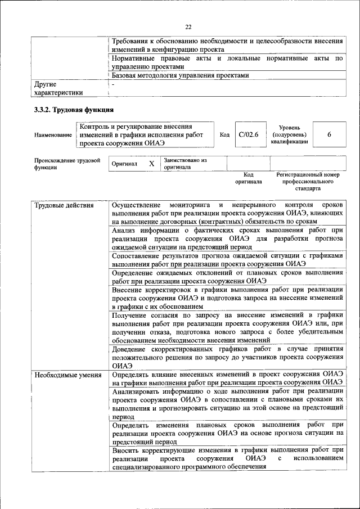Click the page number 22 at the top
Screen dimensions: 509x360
click(x=188, y=26)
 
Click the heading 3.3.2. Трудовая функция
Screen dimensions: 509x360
click(x=74, y=110)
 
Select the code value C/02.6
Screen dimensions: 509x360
click(x=248, y=134)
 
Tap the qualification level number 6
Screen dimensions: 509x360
click(x=329, y=134)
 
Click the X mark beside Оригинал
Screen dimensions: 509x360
click(x=151, y=164)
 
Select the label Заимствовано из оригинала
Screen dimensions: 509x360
click(x=185, y=164)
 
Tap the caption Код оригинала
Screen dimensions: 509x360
click(x=248, y=178)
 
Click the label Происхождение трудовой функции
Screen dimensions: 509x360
click(x=67, y=164)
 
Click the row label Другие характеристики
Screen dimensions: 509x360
click(x=58, y=88)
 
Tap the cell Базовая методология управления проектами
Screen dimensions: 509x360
click(x=179, y=75)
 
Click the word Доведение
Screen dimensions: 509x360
click(x=130, y=349)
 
